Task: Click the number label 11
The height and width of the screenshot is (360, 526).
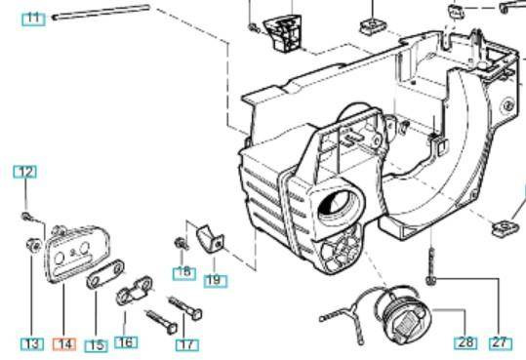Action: tap(34, 18)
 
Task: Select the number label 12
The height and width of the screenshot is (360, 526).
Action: tap(24, 172)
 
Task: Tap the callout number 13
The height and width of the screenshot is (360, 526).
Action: tap(32, 342)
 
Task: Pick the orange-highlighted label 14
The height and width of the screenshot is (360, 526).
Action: tap(64, 343)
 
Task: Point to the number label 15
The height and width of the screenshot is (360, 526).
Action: tap(96, 344)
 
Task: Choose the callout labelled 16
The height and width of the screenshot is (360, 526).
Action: tap(126, 341)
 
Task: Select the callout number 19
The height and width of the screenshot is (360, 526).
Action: tap(215, 280)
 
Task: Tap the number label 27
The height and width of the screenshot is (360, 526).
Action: tap(501, 342)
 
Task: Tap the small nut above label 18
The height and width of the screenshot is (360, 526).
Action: tap(181, 242)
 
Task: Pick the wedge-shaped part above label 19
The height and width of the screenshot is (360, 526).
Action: tap(208, 237)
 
